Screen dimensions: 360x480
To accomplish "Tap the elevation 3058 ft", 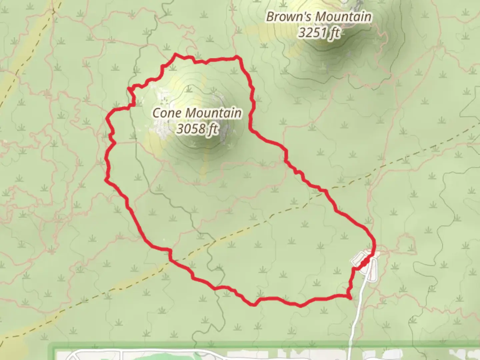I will point(197,128).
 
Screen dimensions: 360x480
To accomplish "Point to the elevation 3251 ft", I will point(319,33).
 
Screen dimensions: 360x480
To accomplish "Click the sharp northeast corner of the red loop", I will point(237,57).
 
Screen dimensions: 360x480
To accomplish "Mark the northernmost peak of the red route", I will point(176,54).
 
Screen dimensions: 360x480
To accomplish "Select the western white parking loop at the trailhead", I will point(358,259).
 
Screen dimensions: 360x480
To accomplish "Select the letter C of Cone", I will point(156,113).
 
